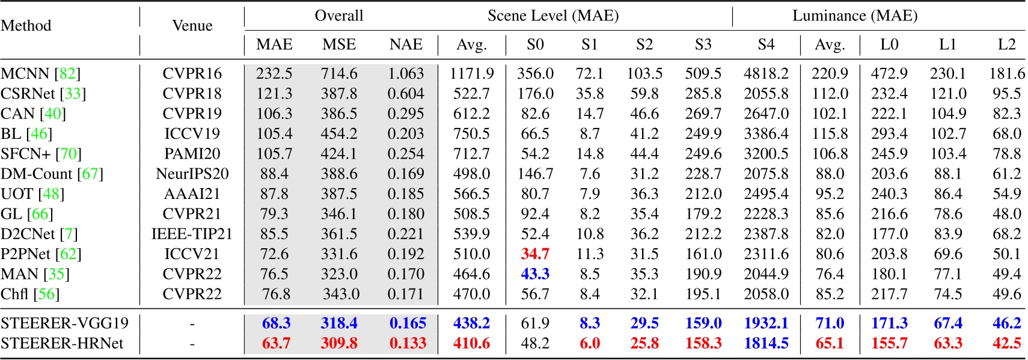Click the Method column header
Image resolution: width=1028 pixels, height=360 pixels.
tap(26, 26)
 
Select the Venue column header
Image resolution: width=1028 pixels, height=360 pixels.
tap(192, 26)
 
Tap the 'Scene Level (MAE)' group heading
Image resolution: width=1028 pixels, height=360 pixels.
tap(552, 16)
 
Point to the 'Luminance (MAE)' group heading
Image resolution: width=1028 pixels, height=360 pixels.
tap(854, 16)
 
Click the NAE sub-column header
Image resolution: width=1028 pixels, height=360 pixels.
tap(406, 44)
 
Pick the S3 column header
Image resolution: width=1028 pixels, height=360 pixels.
tap(703, 44)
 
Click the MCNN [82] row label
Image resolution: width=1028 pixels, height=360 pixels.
tap(40, 73)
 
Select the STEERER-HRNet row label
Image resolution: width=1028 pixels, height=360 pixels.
tap(62, 343)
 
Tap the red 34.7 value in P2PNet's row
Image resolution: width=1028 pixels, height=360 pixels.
tap(535, 254)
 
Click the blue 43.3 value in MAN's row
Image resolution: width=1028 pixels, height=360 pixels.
tap(535, 274)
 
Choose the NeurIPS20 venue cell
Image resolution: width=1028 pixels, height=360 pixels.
tap(192, 174)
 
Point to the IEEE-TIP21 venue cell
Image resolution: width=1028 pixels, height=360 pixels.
tap(192, 234)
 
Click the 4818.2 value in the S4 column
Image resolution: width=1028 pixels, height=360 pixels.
tap(766, 73)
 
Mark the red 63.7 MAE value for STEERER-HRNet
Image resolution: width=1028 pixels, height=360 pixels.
tap(276, 343)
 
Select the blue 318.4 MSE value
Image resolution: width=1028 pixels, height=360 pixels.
tap(339, 323)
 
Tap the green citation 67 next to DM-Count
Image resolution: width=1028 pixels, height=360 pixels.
tap(90, 174)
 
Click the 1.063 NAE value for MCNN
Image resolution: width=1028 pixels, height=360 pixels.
tap(406, 73)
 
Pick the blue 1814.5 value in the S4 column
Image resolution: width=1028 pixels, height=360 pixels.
tap(766, 343)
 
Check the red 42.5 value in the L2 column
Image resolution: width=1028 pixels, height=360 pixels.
tap(1006, 343)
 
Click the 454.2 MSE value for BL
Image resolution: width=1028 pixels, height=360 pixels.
tap(339, 133)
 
